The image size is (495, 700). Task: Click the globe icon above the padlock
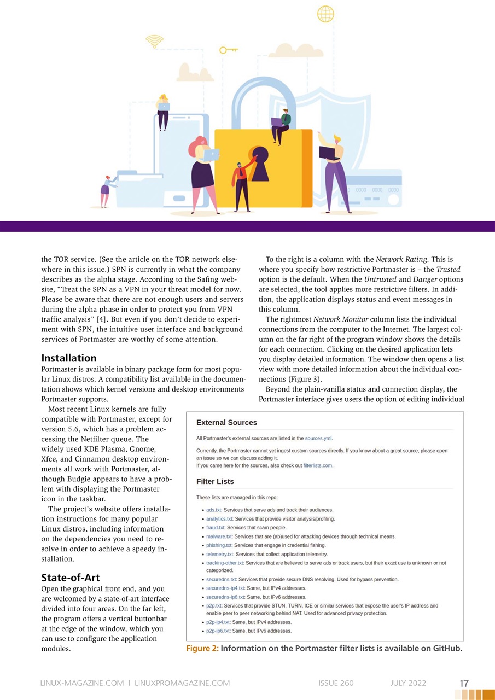coord(325,14)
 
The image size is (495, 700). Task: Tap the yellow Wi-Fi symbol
coord(154,41)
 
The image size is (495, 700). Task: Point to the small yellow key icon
coord(228,50)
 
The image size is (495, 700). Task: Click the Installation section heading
coord(69,358)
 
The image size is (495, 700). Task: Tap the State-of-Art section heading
coord(71,577)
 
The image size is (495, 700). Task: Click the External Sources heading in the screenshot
coord(226,423)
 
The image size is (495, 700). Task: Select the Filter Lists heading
coord(215,482)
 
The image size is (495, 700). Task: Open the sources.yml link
coord(318,438)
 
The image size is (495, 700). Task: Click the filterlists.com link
coord(317,465)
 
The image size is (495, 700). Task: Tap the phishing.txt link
coord(219,545)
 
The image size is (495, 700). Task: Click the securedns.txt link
coord(221,579)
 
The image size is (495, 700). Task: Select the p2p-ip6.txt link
coord(218,631)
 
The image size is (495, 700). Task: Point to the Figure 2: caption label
coord(202,649)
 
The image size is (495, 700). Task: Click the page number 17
coord(464,683)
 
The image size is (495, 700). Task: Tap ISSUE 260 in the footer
coord(336,683)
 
